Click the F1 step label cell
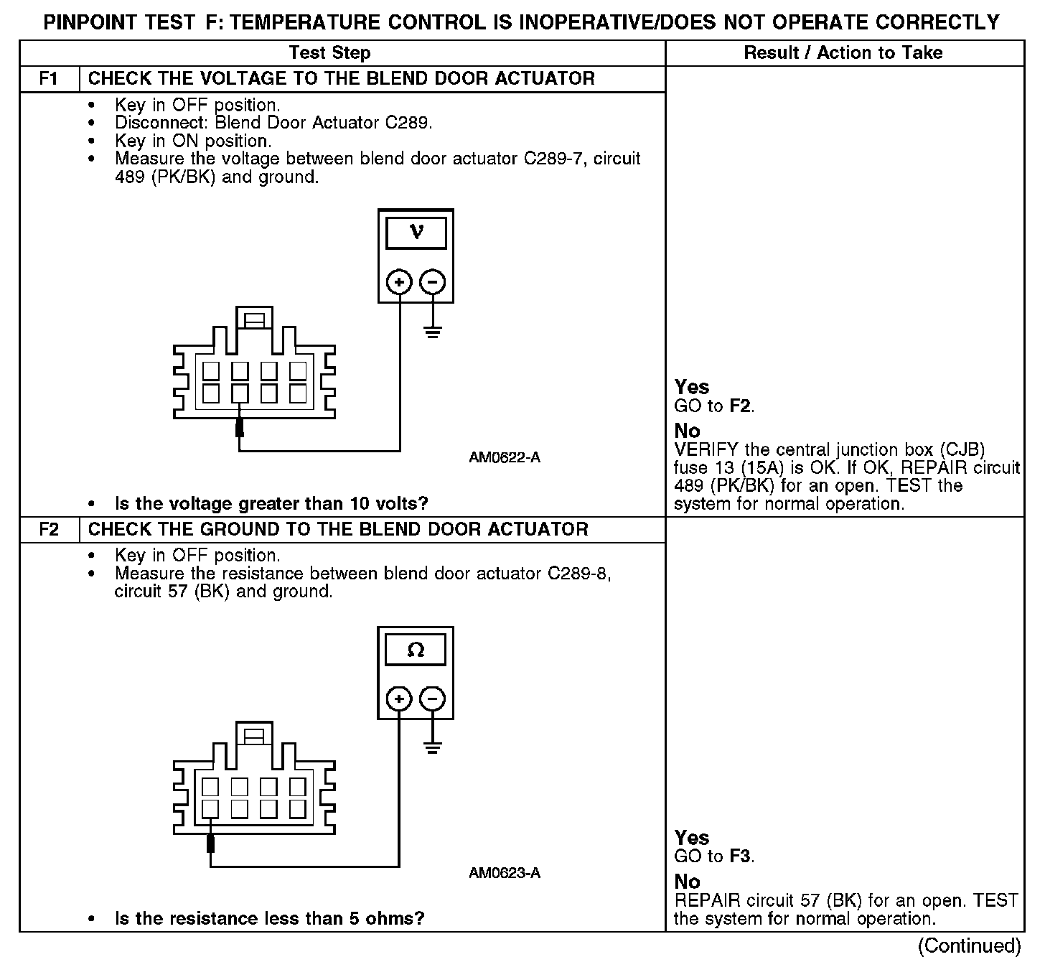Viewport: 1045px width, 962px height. [x=49, y=79]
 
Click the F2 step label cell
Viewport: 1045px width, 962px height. [x=49, y=530]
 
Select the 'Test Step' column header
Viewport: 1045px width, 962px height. [x=329, y=52]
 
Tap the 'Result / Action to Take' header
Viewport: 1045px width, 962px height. [x=843, y=52]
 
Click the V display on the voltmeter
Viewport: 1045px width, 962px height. [x=416, y=233]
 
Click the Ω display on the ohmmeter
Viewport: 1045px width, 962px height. [x=416, y=650]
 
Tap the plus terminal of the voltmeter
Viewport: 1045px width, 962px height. [x=399, y=282]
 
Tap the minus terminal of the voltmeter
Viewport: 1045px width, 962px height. [x=432, y=282]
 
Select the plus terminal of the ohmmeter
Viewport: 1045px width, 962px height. [x=399, y=699]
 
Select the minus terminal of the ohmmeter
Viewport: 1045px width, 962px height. [x=432, y=699]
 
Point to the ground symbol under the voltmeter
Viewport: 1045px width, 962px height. [x=432, y=332]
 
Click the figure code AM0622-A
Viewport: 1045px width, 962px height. [x=505, y=457]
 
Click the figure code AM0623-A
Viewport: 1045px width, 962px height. [x=505, y=873]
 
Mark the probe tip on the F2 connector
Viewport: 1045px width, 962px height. [x=210, y=842]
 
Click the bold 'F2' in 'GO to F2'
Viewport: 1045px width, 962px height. [x=740, y=406]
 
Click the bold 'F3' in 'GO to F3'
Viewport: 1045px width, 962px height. [x=741, y=856]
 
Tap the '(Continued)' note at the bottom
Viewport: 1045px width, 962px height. [x=969, y=945]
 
